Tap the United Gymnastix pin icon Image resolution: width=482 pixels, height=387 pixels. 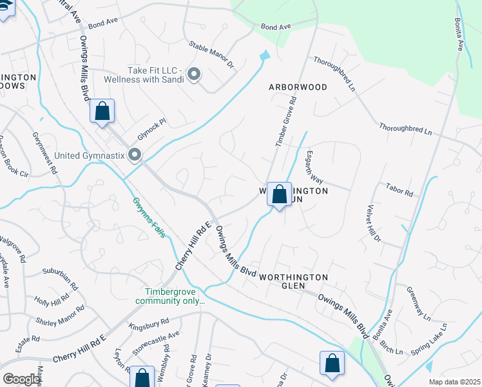click(135, 155)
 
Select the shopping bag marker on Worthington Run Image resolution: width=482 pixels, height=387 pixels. click(279, 195)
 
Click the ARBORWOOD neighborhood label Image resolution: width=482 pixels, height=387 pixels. click(298, 86)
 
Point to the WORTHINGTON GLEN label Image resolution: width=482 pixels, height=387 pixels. click(294, 282)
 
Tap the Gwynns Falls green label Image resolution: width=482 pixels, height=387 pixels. click(150, 217)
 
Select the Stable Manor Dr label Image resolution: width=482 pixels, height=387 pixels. click(211, 55)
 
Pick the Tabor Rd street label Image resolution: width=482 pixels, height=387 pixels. click(399, 190)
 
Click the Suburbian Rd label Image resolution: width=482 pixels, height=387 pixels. click(60, 277)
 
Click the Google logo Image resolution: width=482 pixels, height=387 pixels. click(21, 379)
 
